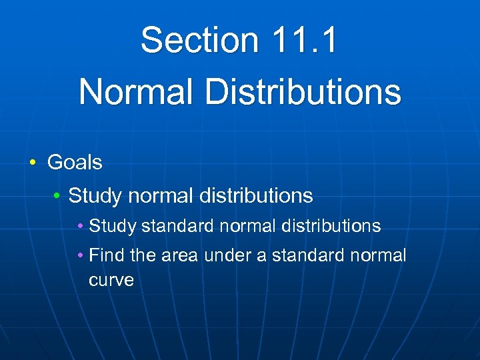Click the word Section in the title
(199, 40)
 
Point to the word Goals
(75, 162)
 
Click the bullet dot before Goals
(33, 163)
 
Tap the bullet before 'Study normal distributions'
(58, 196)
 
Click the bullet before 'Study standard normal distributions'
(81, 227)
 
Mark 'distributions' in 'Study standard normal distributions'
(331, 227)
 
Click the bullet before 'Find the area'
(81, 255)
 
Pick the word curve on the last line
(111, 280)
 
